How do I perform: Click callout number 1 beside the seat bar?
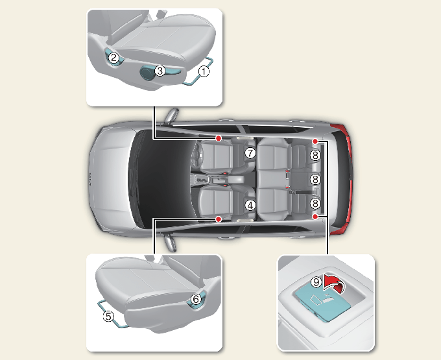click(204, 71)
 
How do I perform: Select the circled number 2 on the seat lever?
click(113, 58)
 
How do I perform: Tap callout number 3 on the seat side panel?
click(160, 71)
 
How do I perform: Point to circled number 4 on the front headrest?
click(250, 206)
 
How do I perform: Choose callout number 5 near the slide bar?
click(108, 317)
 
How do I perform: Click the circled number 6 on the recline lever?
click(196, 299)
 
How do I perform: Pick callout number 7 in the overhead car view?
click(250, 153)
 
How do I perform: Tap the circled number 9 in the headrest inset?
click(316, 282)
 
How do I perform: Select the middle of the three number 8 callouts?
click(315, 179)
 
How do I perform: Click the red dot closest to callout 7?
click(219, 138)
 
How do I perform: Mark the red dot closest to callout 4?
click(219, 219)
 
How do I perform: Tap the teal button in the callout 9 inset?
click(322, 303)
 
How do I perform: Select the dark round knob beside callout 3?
click(147, 73)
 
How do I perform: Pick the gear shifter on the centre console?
click(201, 180)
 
